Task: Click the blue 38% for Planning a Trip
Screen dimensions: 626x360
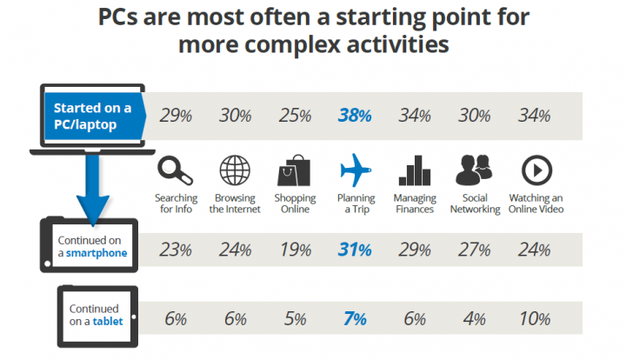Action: [355, 116]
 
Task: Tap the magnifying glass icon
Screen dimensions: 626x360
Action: [175, 170]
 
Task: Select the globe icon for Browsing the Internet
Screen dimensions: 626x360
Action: [235, 170]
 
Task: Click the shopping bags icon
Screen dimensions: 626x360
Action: [294, 170]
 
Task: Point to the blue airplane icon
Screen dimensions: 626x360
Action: [355, 170]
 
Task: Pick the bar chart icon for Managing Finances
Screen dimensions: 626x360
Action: [415, 170]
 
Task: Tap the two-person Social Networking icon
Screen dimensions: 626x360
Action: [474, 170]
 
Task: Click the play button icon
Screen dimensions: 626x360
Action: [536, 170]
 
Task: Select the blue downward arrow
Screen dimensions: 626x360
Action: [93, 190]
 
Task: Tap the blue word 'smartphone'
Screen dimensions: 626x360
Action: [97, 253]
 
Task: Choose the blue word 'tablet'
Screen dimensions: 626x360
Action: [108, 321]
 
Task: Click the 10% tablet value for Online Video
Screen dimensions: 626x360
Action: [535, 319]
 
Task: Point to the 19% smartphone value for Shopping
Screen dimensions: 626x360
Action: [296, 250]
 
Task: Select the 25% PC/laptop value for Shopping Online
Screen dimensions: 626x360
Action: [295, 116]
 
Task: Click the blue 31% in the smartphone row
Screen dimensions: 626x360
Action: [355, 250]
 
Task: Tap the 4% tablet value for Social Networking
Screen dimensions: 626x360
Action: [475, 319]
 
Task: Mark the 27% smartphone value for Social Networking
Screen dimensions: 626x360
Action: [475, 250]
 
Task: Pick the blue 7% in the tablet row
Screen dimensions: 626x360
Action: [355, 319]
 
